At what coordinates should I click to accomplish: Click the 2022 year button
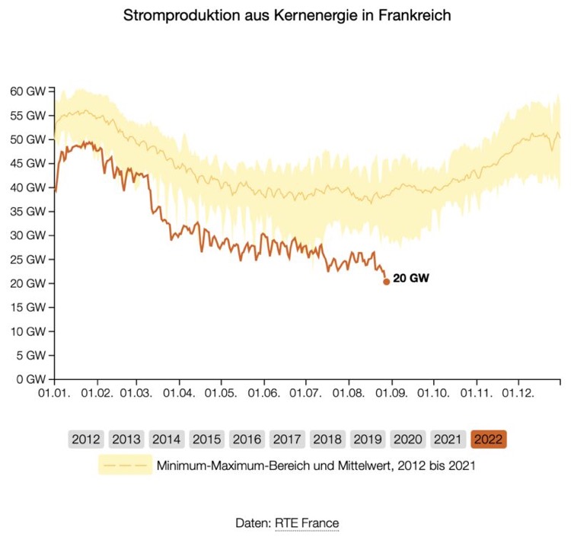[x=489, y=439]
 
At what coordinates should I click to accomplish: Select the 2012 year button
[x=85, y=439]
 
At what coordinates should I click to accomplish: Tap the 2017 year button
[x=287, y=439]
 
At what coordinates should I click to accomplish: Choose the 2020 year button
[x=408, y=439]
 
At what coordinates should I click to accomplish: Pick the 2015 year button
[x=206, y=439]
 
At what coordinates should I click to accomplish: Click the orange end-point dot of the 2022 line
[x=386, y=281]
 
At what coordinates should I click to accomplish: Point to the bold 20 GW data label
[x=411, y=279]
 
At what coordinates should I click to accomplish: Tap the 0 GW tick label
[x=29, y=379]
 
